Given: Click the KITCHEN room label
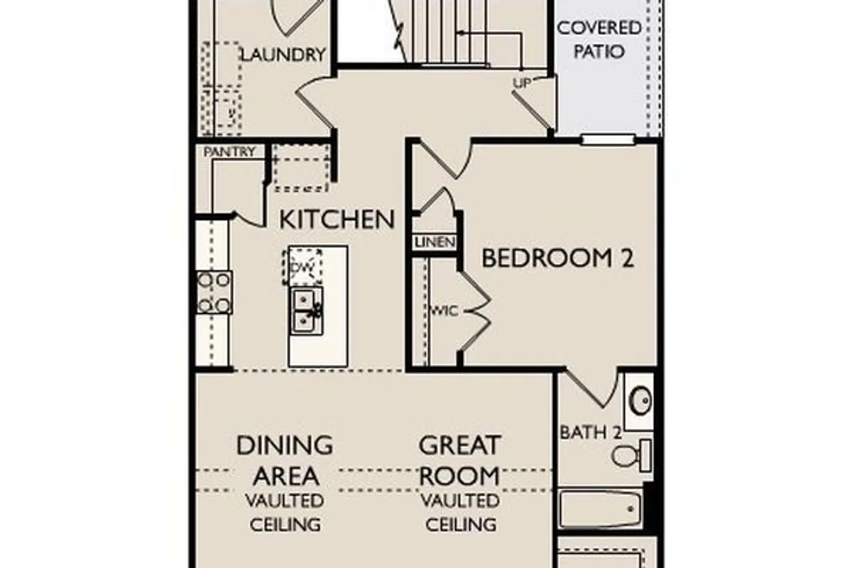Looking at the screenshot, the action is pos(337,219).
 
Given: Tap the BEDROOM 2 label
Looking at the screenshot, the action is pos(558,258).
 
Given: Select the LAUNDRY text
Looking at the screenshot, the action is pos(284,55).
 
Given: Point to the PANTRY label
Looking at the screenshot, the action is pos(229,152).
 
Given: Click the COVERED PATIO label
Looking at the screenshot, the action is pos(599,40).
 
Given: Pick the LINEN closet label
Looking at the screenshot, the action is pos(435,242).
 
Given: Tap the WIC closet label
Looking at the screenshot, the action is pos(445,311).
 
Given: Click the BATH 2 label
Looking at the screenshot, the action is pos(591,432).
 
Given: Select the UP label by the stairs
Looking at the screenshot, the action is pos(521,83).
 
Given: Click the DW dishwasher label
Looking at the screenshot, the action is pos(302,268).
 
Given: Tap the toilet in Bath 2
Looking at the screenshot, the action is pos(632,455).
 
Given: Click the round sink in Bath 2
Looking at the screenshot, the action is pos(641,400).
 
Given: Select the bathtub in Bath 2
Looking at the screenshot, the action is pos(600,509).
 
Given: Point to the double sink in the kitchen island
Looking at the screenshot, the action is pos(307,311).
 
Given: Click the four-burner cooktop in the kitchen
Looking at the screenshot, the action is pos(214,293).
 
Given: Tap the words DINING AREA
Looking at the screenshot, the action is pos(285,460).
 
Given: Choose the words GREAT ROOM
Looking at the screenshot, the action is pos(459,460).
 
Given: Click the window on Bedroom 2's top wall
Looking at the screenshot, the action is pos(608,139).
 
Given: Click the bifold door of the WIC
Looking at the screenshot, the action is pos(476,311).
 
